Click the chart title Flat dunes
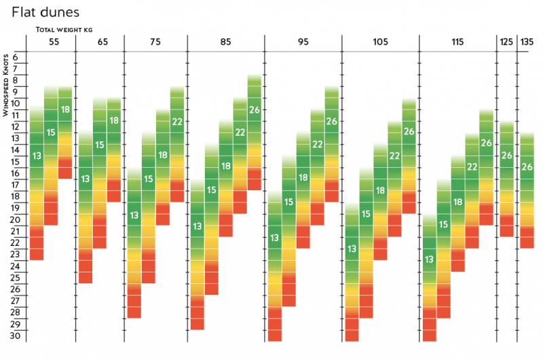tap(41, 12)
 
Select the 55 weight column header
tap(54, 42)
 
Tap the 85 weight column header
tap(225, 42)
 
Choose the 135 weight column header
tap(527, 42)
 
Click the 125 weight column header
tap(506, 42)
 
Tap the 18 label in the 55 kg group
tap(65, 109)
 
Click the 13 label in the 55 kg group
tap(37, 156)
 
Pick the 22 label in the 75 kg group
tap(177, 122)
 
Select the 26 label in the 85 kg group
tap(255, 109)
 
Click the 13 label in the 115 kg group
tap(429, 259)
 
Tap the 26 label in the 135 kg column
tap(527, 167)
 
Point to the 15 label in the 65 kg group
tap(100, 145)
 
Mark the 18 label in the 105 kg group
tap(380, 190)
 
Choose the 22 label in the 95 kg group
tap(318, 144)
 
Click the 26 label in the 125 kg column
tap(506, 156)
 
